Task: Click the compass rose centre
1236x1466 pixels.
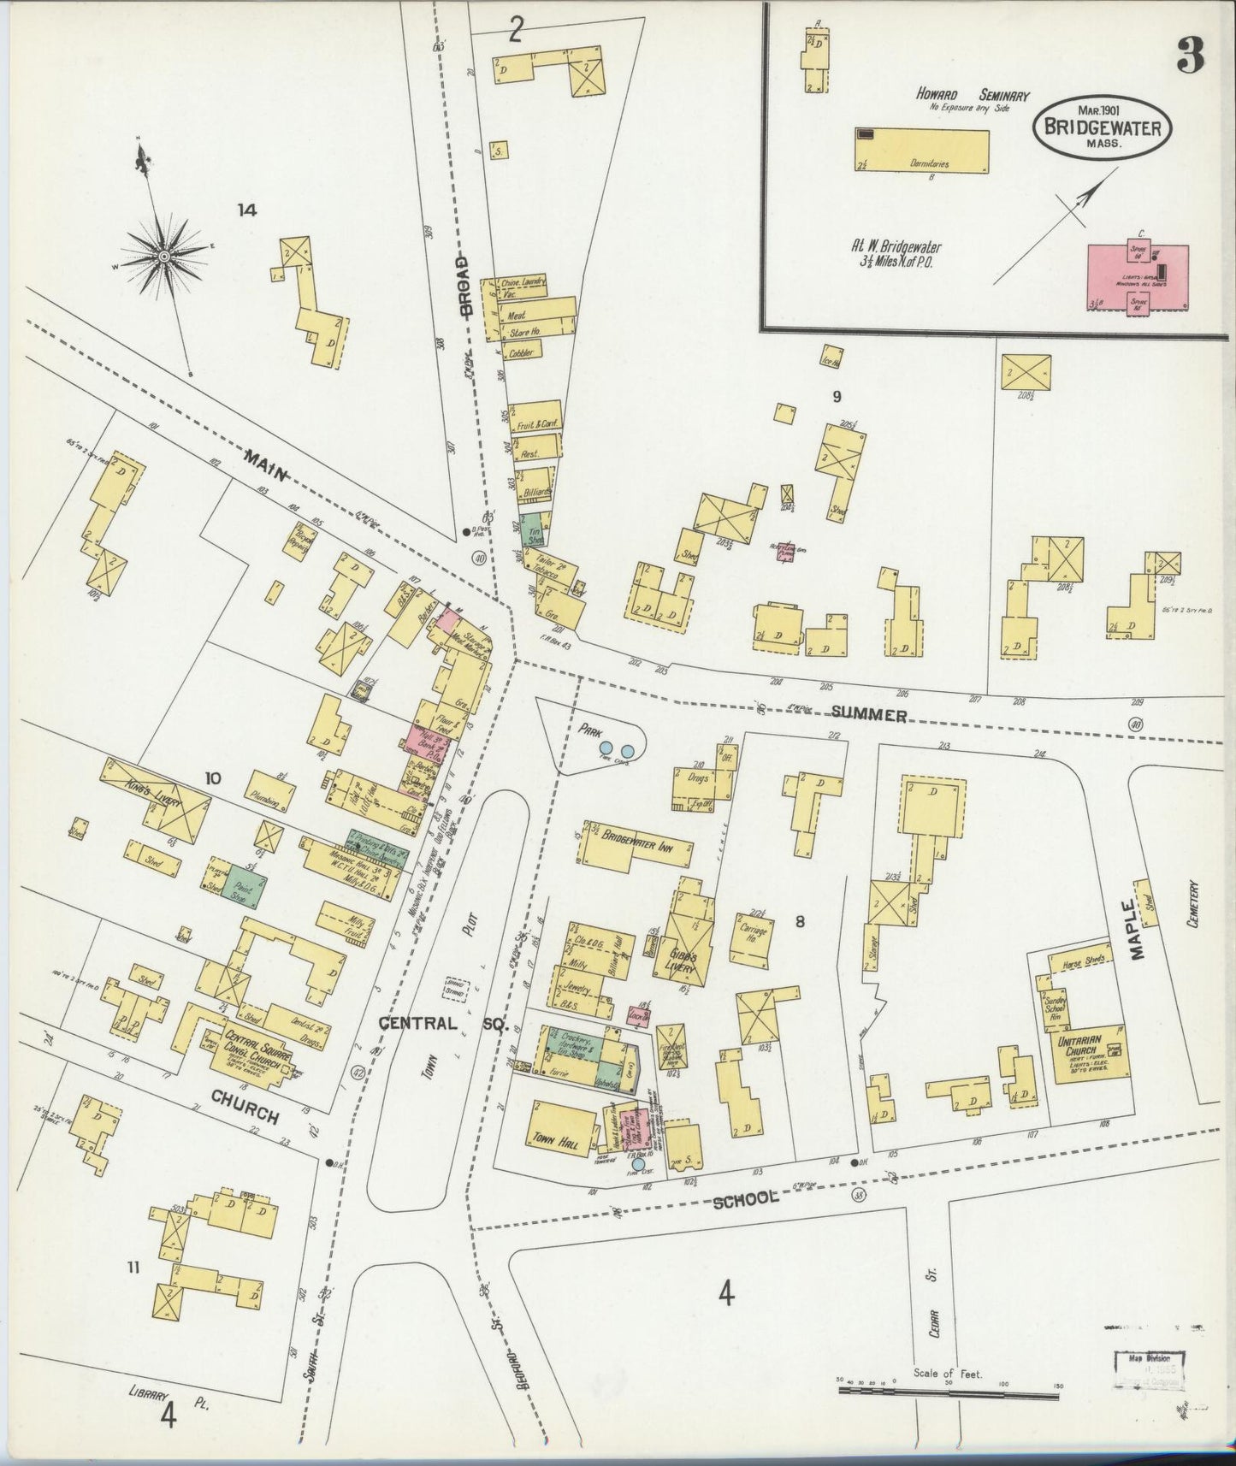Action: [x=163, y=256]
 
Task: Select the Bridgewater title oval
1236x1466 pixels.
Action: [x=1101, y=129]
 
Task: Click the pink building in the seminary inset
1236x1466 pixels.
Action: [x=1137, y=278]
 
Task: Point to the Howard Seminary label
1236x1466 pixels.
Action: [x=973, y=96]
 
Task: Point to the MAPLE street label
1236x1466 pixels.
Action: [x=1140, y=920]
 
